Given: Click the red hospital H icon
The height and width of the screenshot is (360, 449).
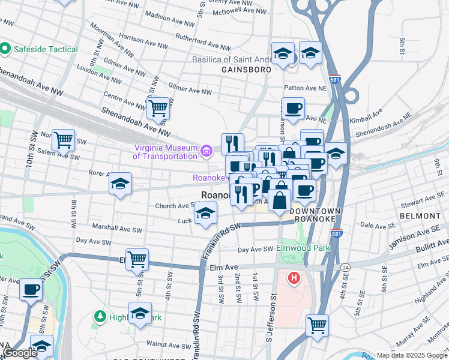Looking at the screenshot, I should point(294,278).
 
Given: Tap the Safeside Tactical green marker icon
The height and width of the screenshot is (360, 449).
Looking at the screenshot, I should point(6,47).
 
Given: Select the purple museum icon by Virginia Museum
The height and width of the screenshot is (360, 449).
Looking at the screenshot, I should point(206,150).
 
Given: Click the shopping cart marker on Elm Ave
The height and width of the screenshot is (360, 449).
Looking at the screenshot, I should point(137,259).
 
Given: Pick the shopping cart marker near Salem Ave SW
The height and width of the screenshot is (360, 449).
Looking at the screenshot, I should point(63,140).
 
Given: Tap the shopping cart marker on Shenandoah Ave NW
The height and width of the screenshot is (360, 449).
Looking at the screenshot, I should point(158,108).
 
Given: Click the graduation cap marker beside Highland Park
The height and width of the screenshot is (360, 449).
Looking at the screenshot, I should point(140,314).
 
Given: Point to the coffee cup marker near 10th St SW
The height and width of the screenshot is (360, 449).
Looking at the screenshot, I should point(31,289).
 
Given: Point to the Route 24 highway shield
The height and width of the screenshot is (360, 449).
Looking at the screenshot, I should point(345,266).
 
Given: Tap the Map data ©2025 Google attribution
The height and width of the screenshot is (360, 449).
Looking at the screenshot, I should point(411,355).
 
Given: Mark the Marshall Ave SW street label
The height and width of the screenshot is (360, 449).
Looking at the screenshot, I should point(118,229).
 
